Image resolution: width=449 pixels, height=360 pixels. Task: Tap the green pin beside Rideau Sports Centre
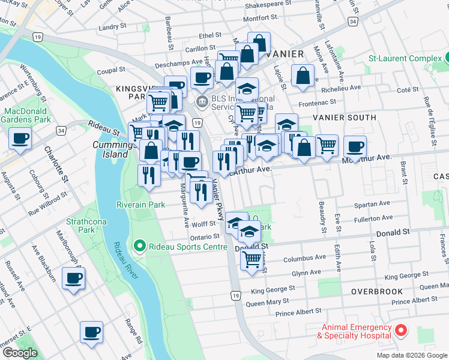point(139,245)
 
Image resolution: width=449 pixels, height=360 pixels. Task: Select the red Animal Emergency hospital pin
point(400,331)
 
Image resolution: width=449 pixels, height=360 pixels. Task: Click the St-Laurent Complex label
point(405,58)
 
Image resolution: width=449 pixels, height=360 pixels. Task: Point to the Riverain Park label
point(141,204)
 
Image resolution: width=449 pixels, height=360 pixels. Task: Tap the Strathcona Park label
point(80,225)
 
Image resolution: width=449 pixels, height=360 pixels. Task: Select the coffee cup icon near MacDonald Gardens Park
point(20,139)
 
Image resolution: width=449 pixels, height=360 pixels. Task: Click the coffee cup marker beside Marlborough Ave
point(73,278)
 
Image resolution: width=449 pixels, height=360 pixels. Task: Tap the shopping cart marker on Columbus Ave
point(251,259)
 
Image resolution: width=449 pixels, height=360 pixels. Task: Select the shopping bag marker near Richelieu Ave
point(303,76)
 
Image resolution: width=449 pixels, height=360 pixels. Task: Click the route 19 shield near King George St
point(236,295)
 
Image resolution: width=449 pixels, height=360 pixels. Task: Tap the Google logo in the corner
point(19,353)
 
